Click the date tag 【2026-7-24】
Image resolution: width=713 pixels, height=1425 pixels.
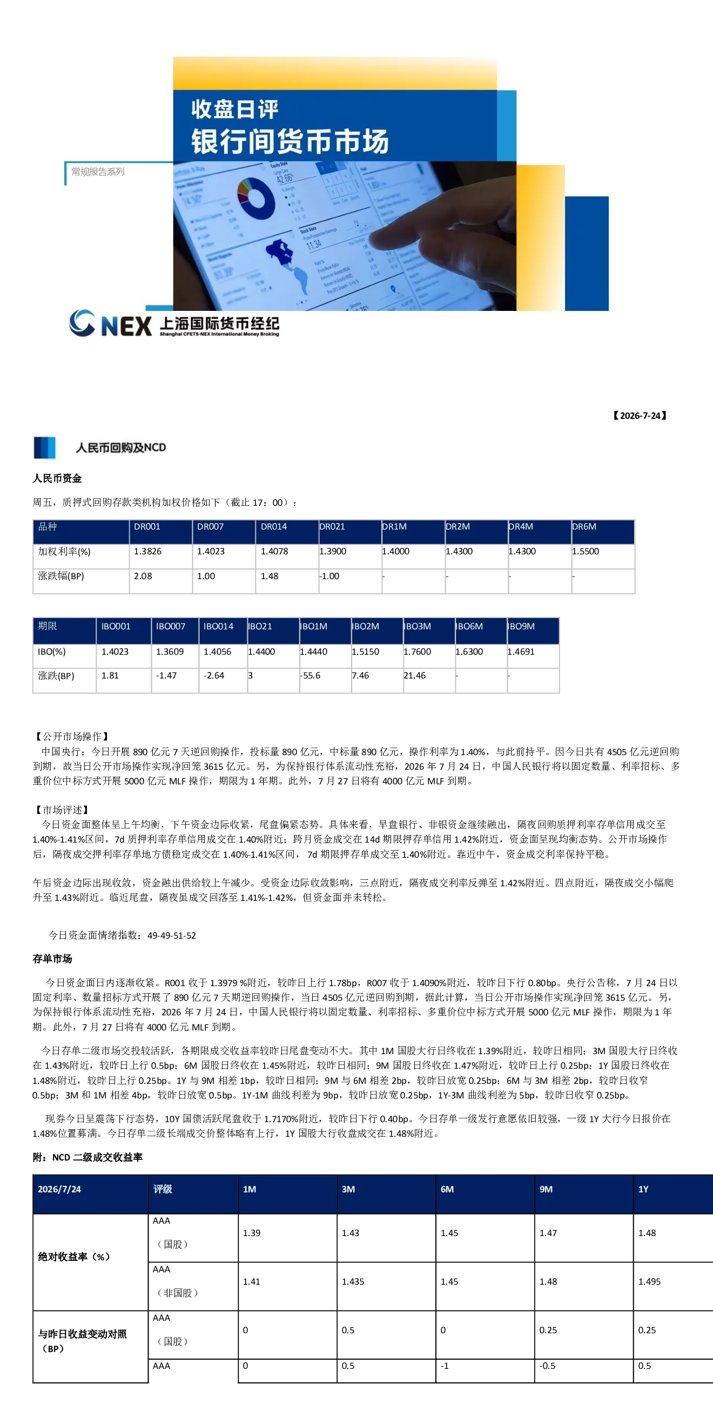click(x=640, y=416)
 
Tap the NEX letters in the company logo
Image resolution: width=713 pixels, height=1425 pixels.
click(x=127, y=326)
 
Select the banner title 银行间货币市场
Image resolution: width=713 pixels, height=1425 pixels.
click(x=290, y=141)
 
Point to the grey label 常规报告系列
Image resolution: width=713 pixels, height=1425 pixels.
click(x=98, y=172)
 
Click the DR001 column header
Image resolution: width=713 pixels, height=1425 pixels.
click(x=147, y=527)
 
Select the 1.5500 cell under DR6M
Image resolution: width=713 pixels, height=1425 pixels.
click(x=586, y=551)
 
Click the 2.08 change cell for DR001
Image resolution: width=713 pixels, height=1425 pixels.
click(x=143, y=576)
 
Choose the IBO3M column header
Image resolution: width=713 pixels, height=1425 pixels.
click(x=417, y=626)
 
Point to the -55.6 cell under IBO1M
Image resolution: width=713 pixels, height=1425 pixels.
click(x=310, y=675)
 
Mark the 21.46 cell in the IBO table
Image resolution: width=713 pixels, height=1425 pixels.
click(x=415, y=675)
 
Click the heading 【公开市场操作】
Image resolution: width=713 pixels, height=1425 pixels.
click(x=71, y=736)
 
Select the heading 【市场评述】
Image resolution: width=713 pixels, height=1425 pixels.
click(x=62, y=810)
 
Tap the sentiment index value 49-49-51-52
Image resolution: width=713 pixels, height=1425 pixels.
click(x=172, y=935)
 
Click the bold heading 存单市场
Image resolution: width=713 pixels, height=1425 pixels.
click(x=52, y=959)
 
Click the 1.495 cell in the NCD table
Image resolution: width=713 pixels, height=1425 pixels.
click(x=649, y=1281)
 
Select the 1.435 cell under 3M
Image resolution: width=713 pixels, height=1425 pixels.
click(x=353, y=1281)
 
